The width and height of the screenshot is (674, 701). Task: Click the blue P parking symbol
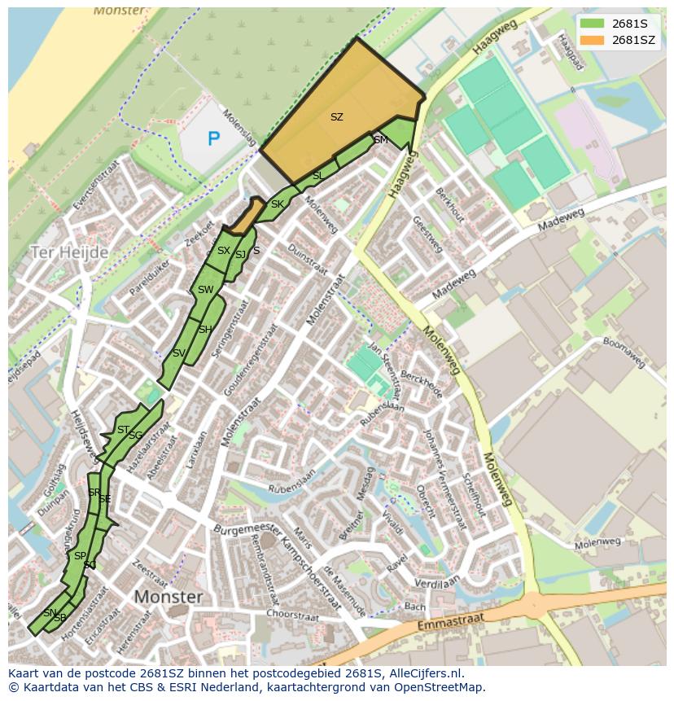213,138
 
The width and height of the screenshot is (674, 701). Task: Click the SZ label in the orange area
336,117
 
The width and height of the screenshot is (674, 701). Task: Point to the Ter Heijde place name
69,252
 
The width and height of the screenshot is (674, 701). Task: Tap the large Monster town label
168,597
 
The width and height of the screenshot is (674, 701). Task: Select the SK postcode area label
277,204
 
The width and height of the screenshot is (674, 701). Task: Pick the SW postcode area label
205,290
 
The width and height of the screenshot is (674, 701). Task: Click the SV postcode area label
178,353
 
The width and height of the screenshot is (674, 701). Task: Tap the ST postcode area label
123,430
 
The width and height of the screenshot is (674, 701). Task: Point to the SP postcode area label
80,556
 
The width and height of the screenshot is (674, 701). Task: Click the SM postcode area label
380,140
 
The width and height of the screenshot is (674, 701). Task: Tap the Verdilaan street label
436,583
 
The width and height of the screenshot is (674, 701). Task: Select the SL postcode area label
317,176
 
